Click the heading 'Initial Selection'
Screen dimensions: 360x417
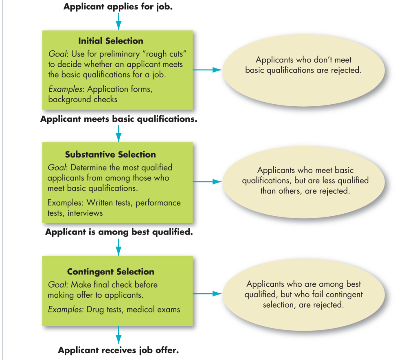pyautogui.click(x=110, y=41)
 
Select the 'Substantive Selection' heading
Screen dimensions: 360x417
pyautogui.click(x=110, y=154)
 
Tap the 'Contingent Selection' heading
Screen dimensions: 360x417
pyautogui.click(x=110, y=272)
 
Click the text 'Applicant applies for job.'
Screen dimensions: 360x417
pyautogui.click(x=118, y=7)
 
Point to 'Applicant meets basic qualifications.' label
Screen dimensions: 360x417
pyautogui.click(x=119, y=119)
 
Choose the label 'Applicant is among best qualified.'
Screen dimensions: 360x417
pyautogui.click(x=119, y=232)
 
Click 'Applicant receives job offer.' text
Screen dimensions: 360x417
pyautogui.click(x=119, y=350)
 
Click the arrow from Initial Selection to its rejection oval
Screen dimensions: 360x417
pyautogui.click(x=207, y=70)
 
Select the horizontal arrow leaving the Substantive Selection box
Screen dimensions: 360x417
pyautogui.click(x=207, y=182)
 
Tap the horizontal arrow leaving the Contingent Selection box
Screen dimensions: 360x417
pyautogui.click(x=207, y=294)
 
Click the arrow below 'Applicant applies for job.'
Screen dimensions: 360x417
pyautogui.click(x=118, y=21)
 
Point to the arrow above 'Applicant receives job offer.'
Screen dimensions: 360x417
pyautogui.click(x=118, y=335)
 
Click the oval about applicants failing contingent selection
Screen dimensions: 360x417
pyautogui.click(x=304, y=294)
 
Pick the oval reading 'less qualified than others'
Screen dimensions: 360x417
pyautogui.click(x=305, y=180)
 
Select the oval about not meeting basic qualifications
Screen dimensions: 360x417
pyautogui.click(x=303, y=65)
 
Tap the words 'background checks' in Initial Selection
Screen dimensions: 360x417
pyautogui.click(x=83, y=99)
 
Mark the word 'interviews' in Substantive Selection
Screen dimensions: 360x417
pyautogui.click(x=85, y=213)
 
